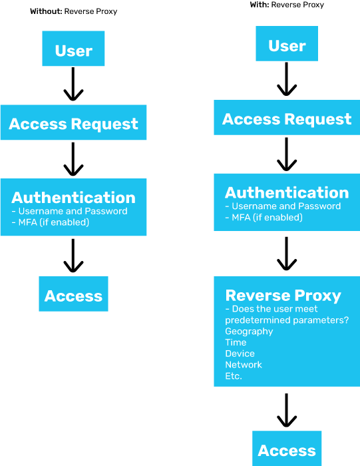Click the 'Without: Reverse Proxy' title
(x=74, y=11)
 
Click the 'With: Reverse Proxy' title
(x=287, y=5)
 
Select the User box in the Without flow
(x=73, y=49)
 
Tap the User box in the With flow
(x=287, y=44)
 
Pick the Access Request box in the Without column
(x=73, y=122)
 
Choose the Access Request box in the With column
(x=287, y=117)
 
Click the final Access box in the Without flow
(x=73, y=294)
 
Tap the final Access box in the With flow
(x=287, y=449)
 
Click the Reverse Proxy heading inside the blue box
(x=283, y=296)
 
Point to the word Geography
(x=249, y=332)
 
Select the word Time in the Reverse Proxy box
(x=236, y=342)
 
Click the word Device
(x=240, y=353)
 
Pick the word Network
(x=244, y=365)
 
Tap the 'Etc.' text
(x=234, y=376)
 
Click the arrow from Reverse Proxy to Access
(x=287, y=411)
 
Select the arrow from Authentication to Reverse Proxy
(x=287, y=254)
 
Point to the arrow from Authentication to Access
(x=73, y=256)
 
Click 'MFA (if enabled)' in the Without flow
(x=51, y=222)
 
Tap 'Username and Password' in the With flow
(x=283, y=206)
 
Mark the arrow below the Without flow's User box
(x=73, y=84)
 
